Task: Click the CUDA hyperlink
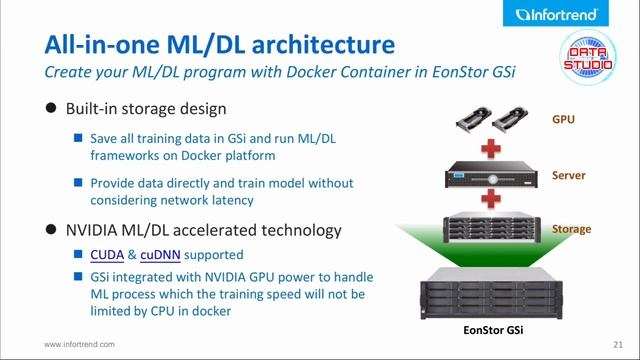click(107, 255)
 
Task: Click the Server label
click(569, 175)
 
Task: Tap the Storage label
click(571, 229)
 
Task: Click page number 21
click(618, 345)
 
